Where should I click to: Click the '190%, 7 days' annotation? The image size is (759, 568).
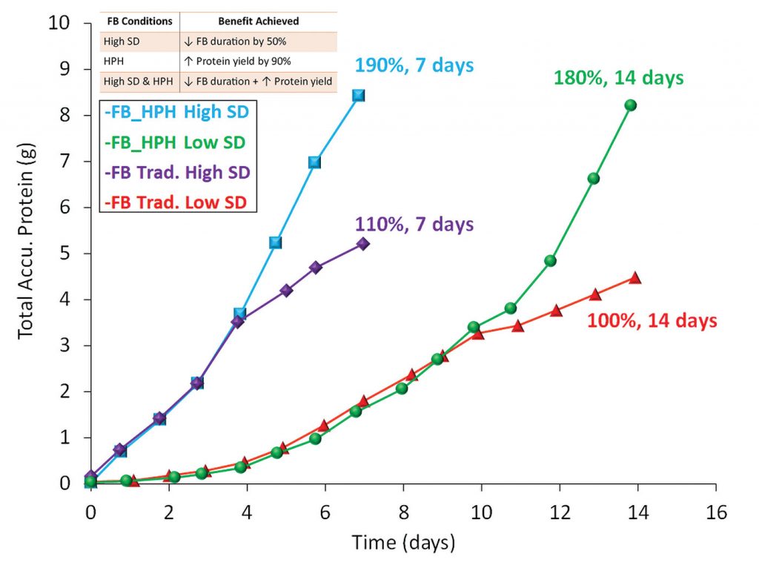414,65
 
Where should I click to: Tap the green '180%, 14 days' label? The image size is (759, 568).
618,78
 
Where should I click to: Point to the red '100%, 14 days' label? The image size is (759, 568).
652,321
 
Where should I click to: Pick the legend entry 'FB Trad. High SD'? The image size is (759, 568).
178,171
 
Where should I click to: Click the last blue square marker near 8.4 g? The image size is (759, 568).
359,95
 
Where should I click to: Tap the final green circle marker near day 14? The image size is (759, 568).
631,105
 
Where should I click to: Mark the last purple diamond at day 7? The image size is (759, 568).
362,243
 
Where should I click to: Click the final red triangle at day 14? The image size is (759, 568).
634,278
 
